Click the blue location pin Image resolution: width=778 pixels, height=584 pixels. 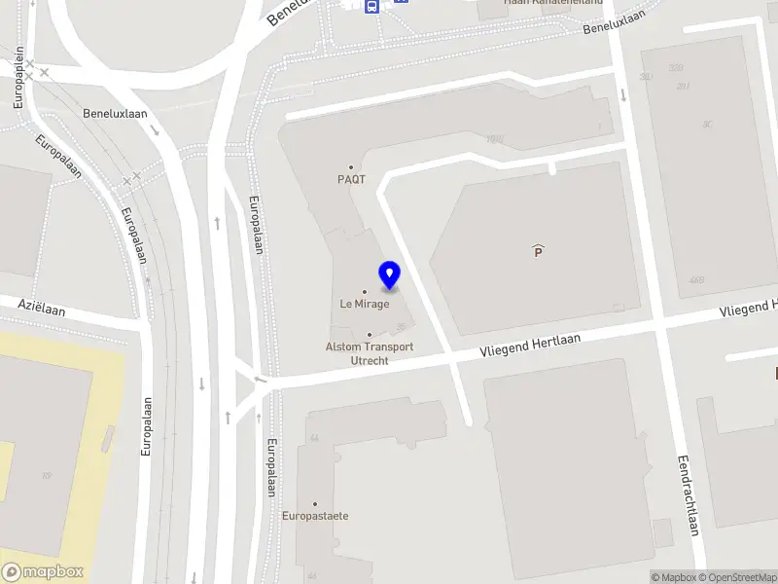pyautogui.click(x=390, y=275)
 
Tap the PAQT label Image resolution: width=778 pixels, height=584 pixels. pyautogui.click(x=351, y=179)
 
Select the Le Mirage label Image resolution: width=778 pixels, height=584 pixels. pyautogui.click(x=365, y=304)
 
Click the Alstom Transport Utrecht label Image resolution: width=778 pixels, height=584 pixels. pyautogui.click(x=370, y=353)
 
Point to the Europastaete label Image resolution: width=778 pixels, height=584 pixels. pyautogui.click(x=315, y=516)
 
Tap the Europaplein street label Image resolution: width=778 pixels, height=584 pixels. pyautogui.click(x=18, y=79)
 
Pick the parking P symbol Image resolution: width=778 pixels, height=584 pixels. pyautogui.click(x=538, y=251)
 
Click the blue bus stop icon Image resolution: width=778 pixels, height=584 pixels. pyautogui.click(x=371, y=6)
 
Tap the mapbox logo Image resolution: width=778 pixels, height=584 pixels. pyautogui.click(x=42, y=572)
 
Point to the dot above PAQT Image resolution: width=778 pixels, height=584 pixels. pyautogui.click(x=351, y=166)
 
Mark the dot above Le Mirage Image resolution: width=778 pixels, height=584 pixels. pyautogui.click(x=365, y=291)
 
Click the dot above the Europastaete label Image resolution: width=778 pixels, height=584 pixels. pyautogui.click(x=315, y=503)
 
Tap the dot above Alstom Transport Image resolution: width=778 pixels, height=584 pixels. pyautogui.click(x=370, y=335)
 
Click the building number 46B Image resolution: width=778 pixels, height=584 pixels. pyautogui.click(x=696, y=280)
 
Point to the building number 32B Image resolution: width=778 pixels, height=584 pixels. pyautogui.click(x=675, y=68)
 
